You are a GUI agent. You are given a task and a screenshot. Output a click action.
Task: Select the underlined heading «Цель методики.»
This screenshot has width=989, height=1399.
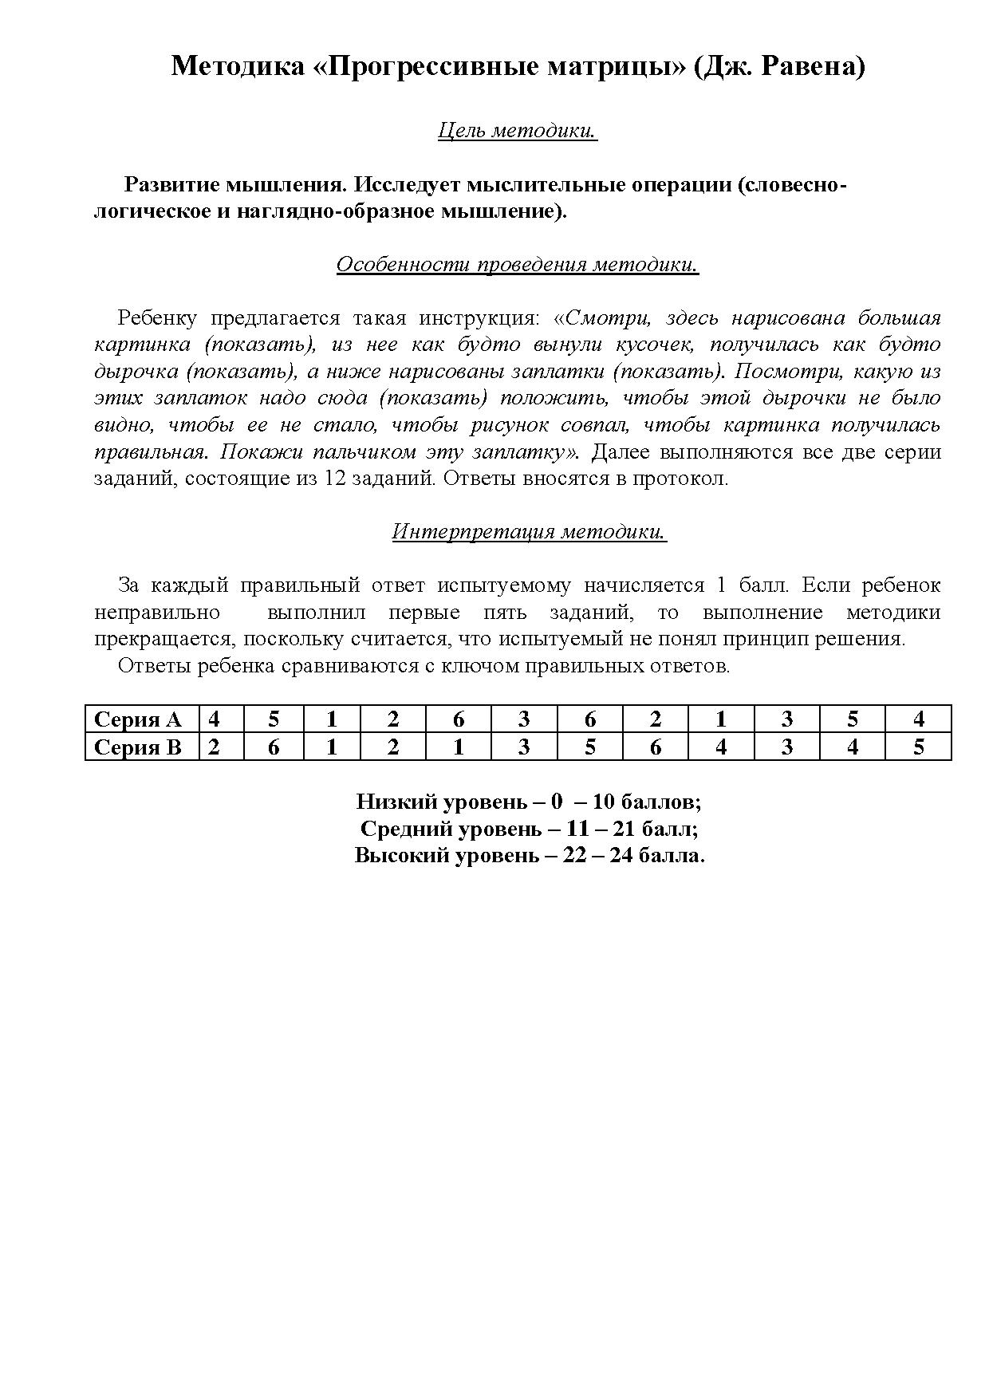518,131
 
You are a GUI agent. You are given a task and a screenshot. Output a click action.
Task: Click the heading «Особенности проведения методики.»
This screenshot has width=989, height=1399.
518,265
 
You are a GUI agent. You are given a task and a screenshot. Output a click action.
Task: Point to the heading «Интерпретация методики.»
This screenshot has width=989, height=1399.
529,531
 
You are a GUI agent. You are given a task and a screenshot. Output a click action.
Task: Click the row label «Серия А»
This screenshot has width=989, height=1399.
138,719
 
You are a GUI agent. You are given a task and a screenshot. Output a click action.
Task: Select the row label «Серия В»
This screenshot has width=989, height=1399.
138,747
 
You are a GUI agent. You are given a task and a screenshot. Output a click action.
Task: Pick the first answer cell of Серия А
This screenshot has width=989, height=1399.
214,719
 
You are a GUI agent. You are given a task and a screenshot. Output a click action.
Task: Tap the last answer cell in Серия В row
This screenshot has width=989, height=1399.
918,747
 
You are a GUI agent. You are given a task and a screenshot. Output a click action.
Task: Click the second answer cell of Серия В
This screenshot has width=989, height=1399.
274,747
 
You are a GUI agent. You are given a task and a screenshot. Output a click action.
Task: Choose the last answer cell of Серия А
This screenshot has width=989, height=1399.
918,719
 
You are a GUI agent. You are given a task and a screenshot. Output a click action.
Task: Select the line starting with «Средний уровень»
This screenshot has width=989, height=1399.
529,829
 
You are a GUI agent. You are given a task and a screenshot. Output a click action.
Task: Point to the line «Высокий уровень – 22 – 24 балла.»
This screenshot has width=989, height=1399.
530,856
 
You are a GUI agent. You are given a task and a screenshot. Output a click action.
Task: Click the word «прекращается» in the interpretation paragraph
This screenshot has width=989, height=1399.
163,640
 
